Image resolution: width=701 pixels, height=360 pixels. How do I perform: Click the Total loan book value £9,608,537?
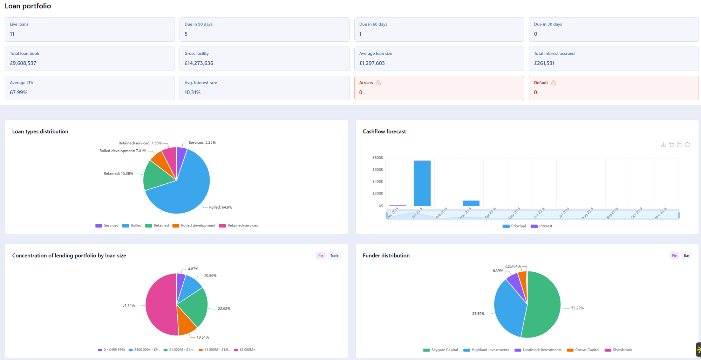click(23, 63)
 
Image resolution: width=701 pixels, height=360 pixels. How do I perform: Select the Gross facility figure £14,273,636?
click(199, 63)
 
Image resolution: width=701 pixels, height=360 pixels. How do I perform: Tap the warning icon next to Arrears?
click(378, 83)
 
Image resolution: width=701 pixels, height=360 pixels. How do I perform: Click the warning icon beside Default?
click(553, 83)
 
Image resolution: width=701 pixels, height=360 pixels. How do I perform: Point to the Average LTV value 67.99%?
click(19, 93)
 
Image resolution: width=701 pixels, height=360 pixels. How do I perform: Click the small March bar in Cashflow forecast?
click(471, 203)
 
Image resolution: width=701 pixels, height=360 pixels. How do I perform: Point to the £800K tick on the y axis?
click(378, 158)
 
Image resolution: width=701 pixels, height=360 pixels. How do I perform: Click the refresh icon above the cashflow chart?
click(687, 145)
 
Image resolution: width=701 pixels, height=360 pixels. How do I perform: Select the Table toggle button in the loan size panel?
click(334, 256)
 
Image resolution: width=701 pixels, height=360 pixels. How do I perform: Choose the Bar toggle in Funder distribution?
click(686, 256)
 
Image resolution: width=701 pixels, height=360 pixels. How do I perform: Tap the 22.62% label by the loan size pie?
click(224, 308)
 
